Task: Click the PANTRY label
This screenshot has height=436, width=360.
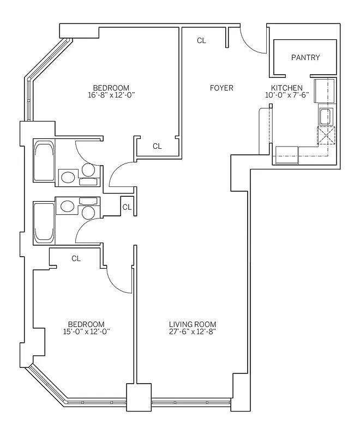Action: (305, 57)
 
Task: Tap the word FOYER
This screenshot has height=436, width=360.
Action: (221, 88)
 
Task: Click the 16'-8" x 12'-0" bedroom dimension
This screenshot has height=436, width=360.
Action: (111, 95)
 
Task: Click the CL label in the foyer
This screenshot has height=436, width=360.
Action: (202, 40)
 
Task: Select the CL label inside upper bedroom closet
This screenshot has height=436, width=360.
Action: (157, 146)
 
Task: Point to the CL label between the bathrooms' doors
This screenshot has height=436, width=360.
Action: (127, 207)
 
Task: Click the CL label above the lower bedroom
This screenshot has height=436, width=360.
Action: (76, 258)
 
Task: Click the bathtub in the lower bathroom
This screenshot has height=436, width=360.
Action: (44, 222)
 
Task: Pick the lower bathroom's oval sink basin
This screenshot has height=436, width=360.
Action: (68, 206)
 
